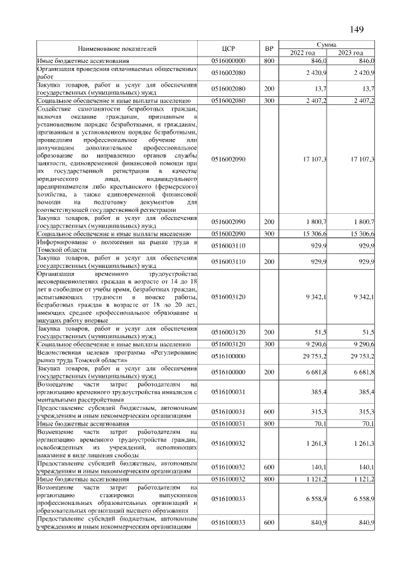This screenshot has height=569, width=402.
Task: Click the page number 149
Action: click(356, 30)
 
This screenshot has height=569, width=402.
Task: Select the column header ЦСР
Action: click(228, 48)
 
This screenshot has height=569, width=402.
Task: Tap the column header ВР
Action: click(269, 48)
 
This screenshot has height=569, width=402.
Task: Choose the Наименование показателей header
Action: click(117, 48)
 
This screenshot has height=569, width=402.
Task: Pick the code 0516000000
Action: click(228, 60)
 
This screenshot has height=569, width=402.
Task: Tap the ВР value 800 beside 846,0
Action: click(269, 60)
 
